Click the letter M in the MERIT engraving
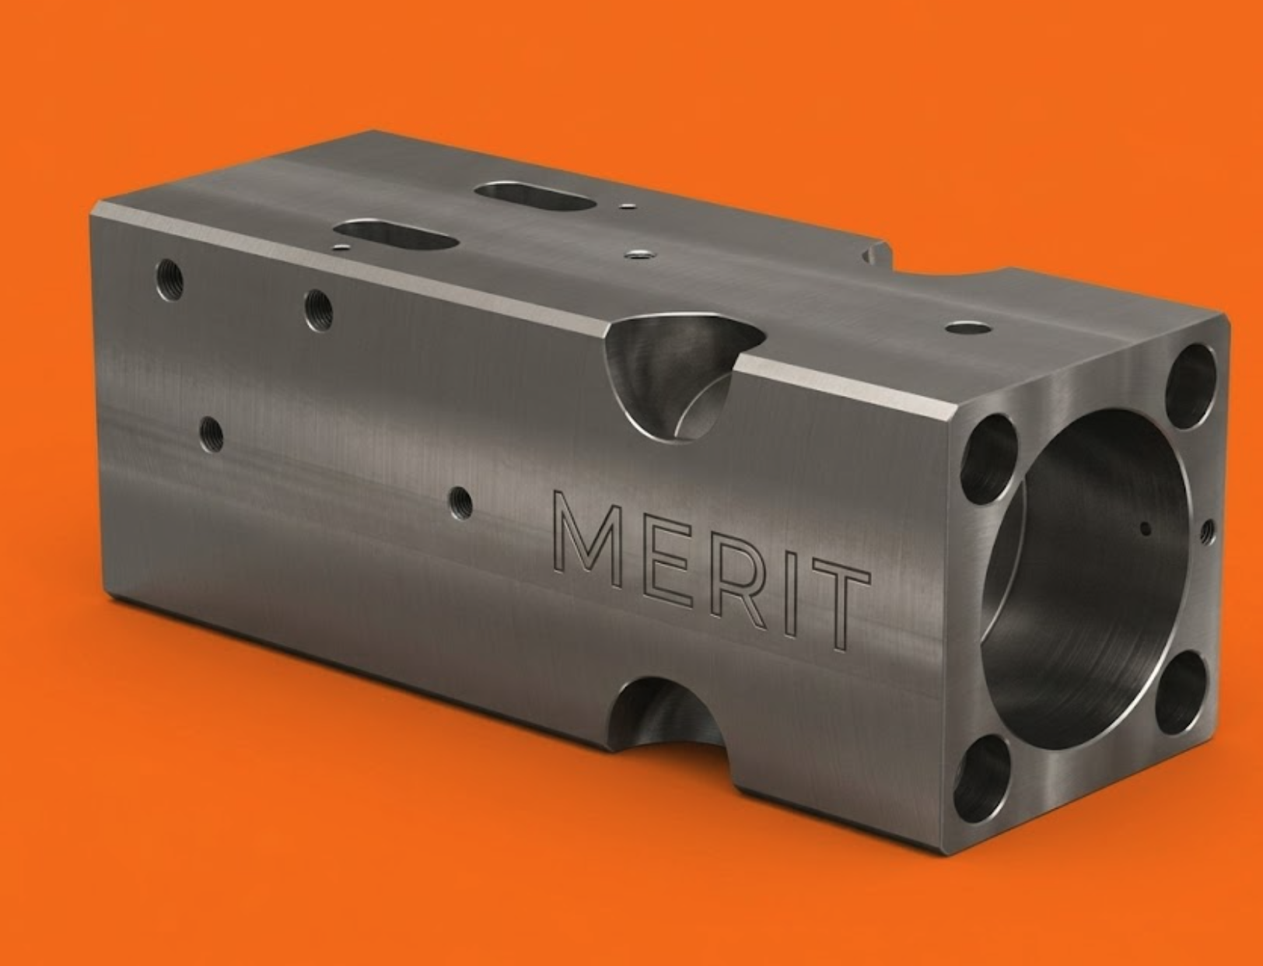point(587,539)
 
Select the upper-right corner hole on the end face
point(1191,386)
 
